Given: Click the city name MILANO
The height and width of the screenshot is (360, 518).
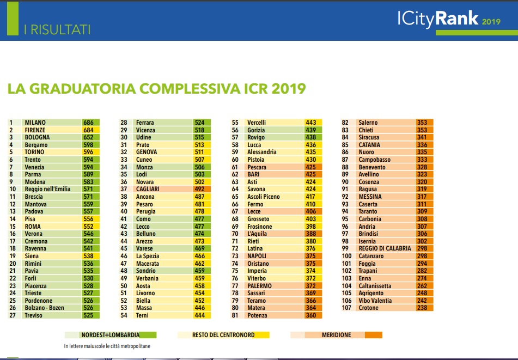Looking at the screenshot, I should pos(35,123).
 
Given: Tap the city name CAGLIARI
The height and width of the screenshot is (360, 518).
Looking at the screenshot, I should pos(147,189).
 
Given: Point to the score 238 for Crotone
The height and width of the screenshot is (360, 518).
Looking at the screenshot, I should pos(422,308).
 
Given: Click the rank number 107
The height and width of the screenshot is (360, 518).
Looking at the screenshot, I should pos(346,308).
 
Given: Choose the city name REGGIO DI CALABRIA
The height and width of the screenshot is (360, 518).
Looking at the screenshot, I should pos(385,248).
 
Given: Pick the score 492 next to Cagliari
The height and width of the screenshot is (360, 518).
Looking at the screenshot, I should pos(199,189).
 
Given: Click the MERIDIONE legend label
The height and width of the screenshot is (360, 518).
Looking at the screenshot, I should pos(336,335).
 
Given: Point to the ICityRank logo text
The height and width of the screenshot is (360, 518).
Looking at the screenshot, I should pos(438,20).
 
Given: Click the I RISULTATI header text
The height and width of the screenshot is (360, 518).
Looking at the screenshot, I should pos(57,29).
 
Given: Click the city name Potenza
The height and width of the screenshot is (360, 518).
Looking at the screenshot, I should pos(257,315).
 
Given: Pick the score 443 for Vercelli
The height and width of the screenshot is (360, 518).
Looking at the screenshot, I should pos(311,123).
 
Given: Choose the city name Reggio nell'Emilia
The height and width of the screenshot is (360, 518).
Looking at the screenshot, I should pos(47,189).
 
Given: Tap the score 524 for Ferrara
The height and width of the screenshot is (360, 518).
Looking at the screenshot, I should pos(199,123).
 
